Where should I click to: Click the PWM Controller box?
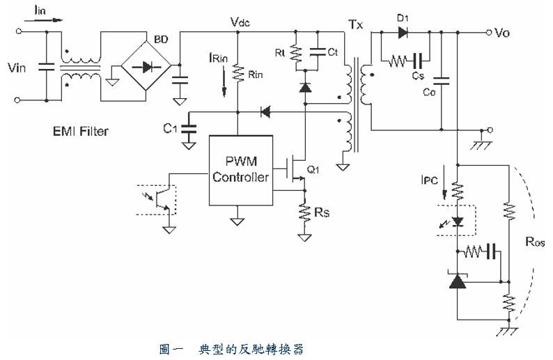(240, 169)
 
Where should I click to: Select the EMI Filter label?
(80, 130)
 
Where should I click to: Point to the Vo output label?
(502, 32)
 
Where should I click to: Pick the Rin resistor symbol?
(239, 73)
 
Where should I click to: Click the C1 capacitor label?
(169, 127)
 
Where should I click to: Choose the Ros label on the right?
(536, 243)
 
